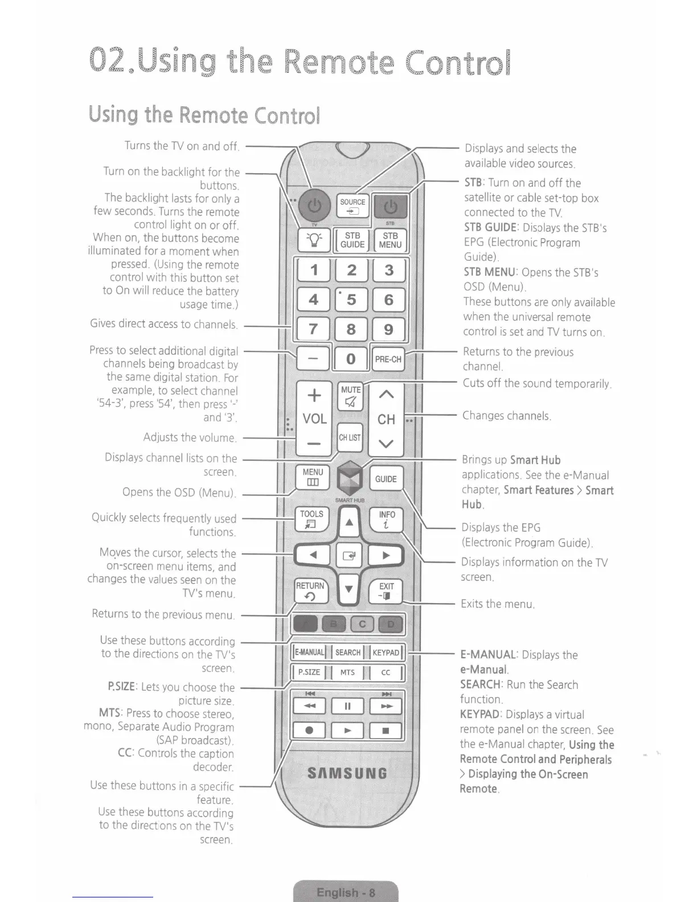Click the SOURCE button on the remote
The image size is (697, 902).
[352, 206]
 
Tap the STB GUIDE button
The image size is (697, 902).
[352, 240]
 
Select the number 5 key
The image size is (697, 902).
[351, 300]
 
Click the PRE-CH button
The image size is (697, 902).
[388, 359]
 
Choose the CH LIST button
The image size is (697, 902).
[350, 437]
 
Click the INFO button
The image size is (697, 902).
[387, 519]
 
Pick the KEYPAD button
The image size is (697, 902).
[386, 653]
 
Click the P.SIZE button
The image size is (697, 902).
[309, 672]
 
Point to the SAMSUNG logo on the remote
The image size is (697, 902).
[347, 773]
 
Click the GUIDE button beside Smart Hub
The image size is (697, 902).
[386, 479]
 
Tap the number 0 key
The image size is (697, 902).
[351, 359]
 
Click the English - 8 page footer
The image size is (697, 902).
[346, 892]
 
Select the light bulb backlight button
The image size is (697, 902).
[314, 240]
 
